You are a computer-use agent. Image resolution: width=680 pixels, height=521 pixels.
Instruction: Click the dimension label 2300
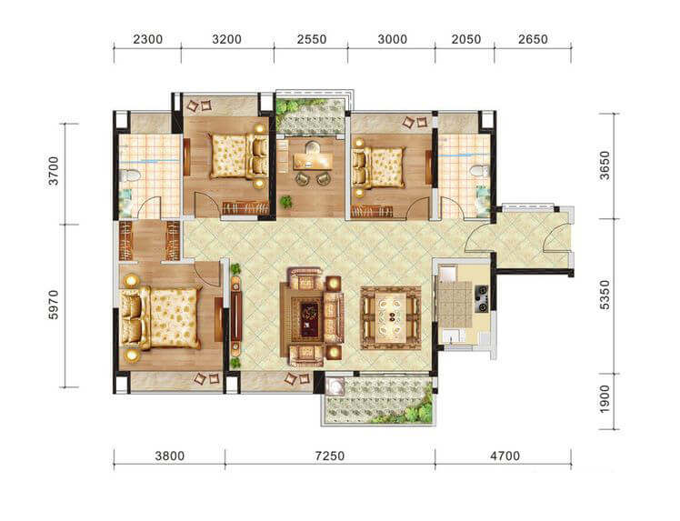[147, 39]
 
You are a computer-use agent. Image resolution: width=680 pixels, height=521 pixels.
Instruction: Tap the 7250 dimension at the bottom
[330, 456]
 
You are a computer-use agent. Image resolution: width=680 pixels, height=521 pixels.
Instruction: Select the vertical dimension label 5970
[54, 305]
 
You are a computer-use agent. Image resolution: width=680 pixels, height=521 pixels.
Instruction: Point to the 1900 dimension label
[605, 399]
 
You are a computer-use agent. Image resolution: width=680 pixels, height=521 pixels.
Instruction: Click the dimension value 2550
[312, 39]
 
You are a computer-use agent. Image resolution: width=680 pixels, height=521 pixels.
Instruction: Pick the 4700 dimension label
[505, 456]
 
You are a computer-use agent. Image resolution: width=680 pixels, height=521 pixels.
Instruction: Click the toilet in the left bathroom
[130, 175]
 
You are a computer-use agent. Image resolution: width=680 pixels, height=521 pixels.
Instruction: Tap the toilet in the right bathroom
[479, 170]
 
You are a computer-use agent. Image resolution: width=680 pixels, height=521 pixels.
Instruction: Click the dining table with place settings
[391, 317]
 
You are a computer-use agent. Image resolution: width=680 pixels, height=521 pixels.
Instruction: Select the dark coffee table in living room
[310, 319]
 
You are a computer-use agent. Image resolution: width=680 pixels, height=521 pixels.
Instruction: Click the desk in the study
[312, 162]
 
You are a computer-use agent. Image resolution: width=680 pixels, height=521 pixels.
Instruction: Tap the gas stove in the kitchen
[482, 298]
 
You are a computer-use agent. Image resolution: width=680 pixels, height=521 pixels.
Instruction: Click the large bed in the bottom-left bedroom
[161, 317]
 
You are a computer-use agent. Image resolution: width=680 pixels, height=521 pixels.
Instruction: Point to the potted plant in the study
[285, 201]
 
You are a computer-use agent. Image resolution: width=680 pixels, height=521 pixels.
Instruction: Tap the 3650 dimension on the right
[605, 165]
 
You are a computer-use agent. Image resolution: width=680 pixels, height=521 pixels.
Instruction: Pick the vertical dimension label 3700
[54, 171]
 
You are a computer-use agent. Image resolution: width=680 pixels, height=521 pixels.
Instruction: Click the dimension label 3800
[170, 456]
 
